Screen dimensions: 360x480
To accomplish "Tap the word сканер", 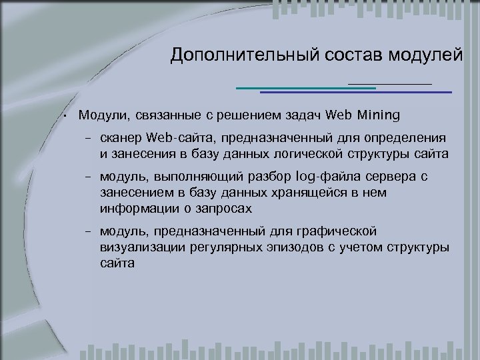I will pos(120,139).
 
